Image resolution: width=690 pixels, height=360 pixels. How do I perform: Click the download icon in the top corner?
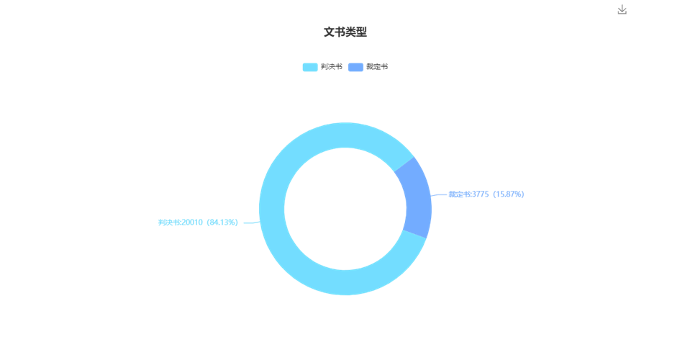pyautogui.click(x=622, y=9)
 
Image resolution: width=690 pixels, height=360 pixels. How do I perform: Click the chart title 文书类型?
pyautogui.click(x=345, y=32)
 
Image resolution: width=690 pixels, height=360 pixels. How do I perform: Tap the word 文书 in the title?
pyautogui.click(x=335, y=32)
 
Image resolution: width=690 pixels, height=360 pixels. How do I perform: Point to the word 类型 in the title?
pyautogui.click(x=356, y=32)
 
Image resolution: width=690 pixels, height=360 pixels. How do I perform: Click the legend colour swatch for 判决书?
pyautogui.click(x=310, y=67)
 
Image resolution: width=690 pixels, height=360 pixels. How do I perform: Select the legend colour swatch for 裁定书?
pyautogui.click(x=355, y=67)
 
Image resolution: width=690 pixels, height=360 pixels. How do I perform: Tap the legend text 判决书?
pyautogui.click(x=332, y=67)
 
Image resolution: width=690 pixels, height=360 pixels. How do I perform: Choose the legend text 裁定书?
pyautogui.click(x=377, y=67)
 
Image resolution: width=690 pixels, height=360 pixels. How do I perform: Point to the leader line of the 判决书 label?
pyautogui.click(x=252, y=222)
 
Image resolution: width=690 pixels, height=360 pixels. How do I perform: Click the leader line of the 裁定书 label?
pyautogui.click(x=439, y=194)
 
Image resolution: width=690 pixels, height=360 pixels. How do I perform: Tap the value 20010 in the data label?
pyautogui.click(x=192, y=222)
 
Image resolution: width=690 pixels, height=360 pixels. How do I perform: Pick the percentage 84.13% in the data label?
pyautogui.click(x=223, y=222)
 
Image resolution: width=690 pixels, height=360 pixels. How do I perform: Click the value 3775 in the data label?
pyautogui.click(x=481, y=194)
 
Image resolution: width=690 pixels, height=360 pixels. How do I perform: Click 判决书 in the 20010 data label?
pyautogui.click(x=169, y=222)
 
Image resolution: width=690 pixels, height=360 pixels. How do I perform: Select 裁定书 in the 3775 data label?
pyautogui.click(x=460, y=194)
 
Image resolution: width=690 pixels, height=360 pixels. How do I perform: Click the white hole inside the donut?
pyautogui.click(x=345, y=209)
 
